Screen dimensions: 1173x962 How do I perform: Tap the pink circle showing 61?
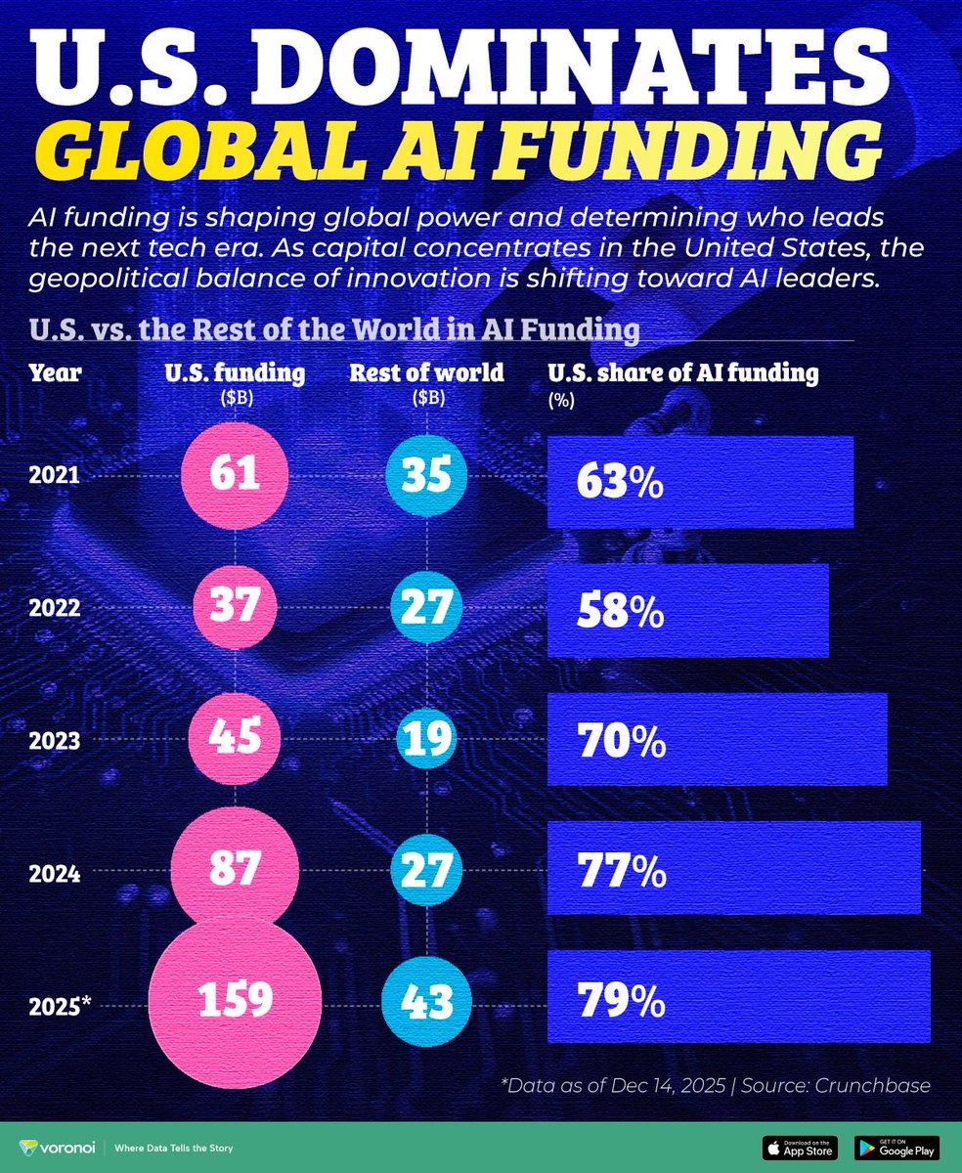tap(235, 475)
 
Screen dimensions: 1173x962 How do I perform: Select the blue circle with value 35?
tap(425, 475)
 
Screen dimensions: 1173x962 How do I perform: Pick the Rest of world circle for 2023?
tap(425, 741)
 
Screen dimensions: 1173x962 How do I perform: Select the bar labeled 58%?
tap(687, 609)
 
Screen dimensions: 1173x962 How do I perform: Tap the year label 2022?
tap(56, 609)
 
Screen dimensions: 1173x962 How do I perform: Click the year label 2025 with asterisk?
tap(60, 1001)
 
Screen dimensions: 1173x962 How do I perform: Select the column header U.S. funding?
tap(235, 372)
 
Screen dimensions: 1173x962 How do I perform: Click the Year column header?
tap(56, 372)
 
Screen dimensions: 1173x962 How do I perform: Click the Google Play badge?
tap(896, 1146)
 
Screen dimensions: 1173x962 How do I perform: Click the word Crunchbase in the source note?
tap(873, 1084)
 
